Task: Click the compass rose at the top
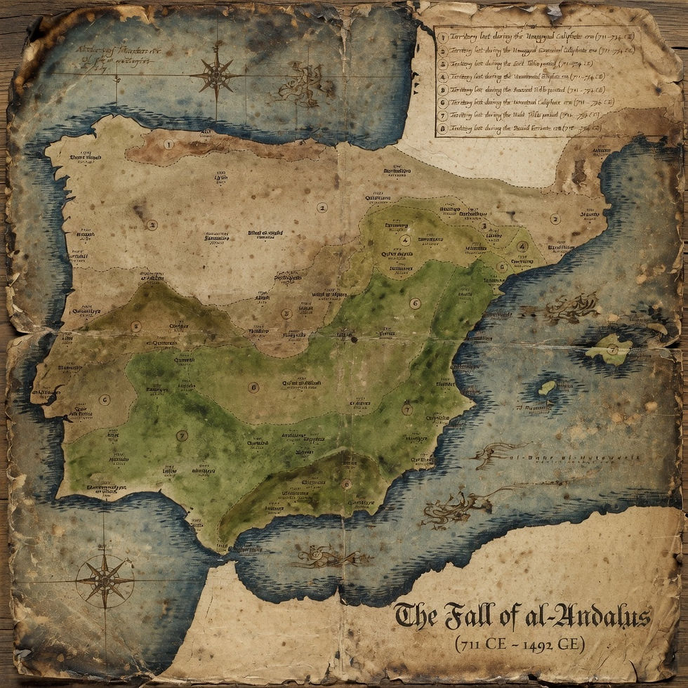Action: [216, 74]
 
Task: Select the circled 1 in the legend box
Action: [443, 37]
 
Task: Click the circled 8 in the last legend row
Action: [443, 129]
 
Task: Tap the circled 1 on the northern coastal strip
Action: [168, 145]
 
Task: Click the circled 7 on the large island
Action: [612, 349]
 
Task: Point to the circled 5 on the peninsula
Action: [135, 326]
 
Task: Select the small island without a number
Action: [546, 388]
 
